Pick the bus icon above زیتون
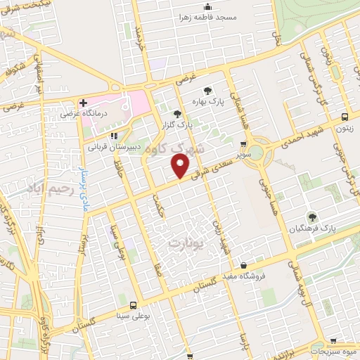click(345, 117)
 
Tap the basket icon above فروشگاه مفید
click(243, 265)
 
